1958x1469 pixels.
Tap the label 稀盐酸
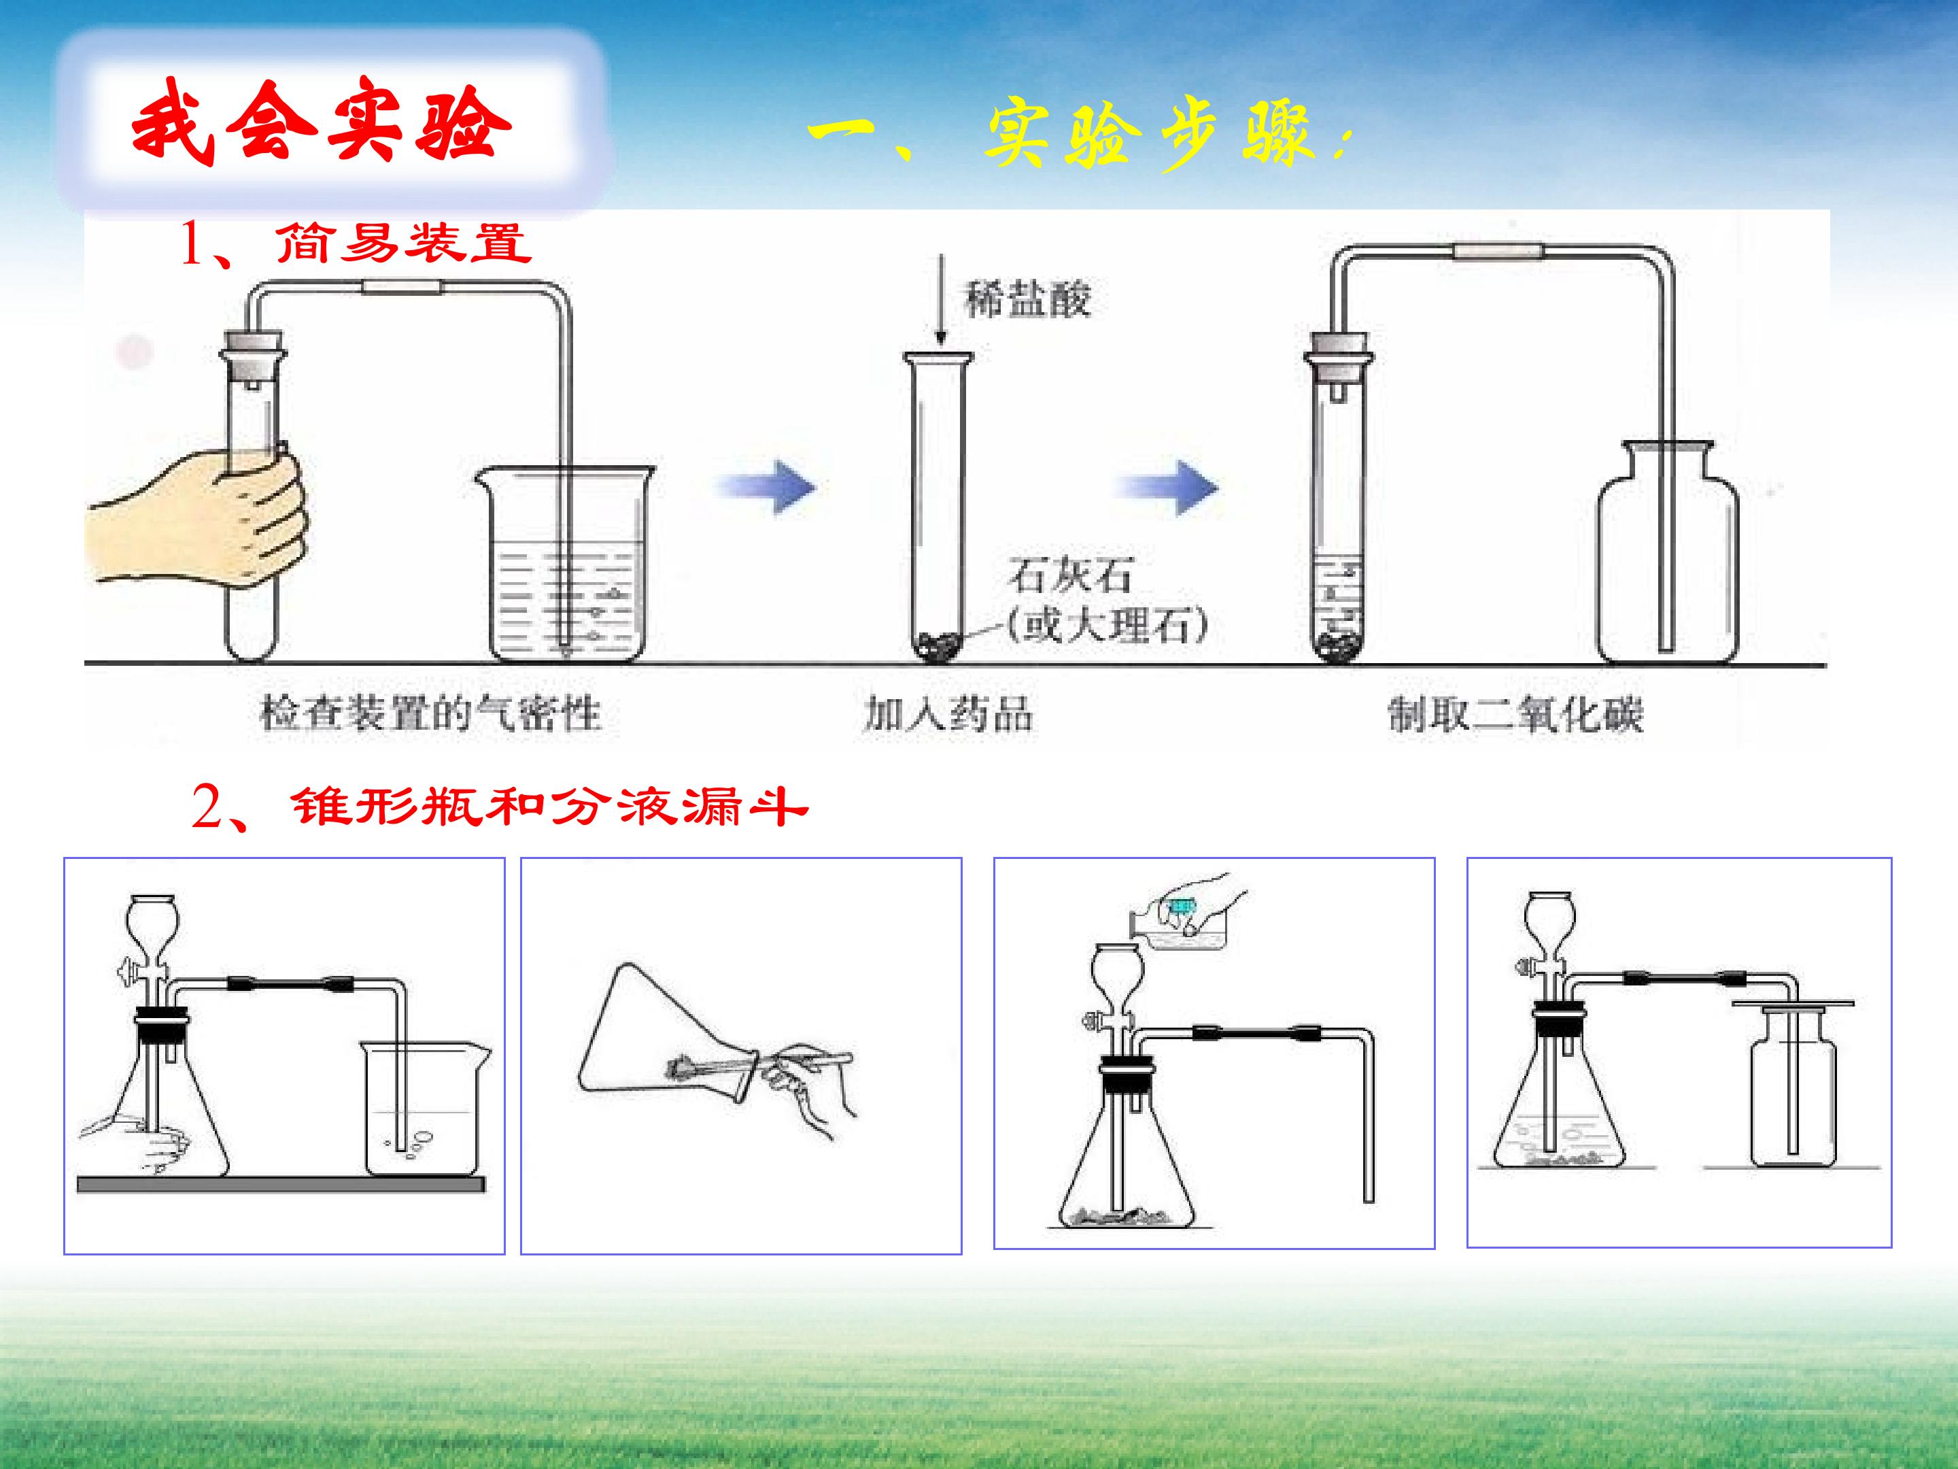pyautogui.click(x=1028, y=299)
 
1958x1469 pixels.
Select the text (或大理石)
pyautogui.click(x=1106, y=626)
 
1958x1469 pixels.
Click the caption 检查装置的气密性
pyautogui.click(x=430, y=713)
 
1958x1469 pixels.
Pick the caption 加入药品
pyautogui.click(x=948, y=713)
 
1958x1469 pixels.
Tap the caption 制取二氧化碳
pyautogui.click(x=1515, y=713)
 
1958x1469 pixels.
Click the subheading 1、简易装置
pyautogui.click(x=355, y=243)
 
